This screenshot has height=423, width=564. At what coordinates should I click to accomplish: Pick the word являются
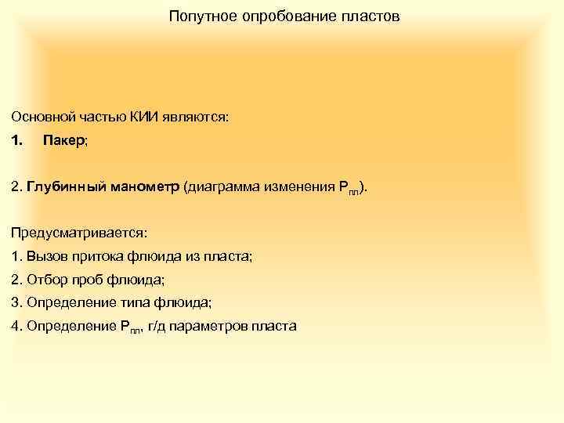point(196,117)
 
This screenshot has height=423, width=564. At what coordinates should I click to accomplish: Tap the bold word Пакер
point(63,141)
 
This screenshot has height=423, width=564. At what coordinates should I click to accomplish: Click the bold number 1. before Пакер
point(17,141)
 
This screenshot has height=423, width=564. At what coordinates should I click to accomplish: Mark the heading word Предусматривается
point(78,233)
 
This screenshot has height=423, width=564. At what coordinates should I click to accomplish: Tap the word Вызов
point(45,255)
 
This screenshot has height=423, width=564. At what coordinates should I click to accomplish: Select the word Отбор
point(45,279)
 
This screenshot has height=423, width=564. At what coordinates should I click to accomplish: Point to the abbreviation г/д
point(158,326)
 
